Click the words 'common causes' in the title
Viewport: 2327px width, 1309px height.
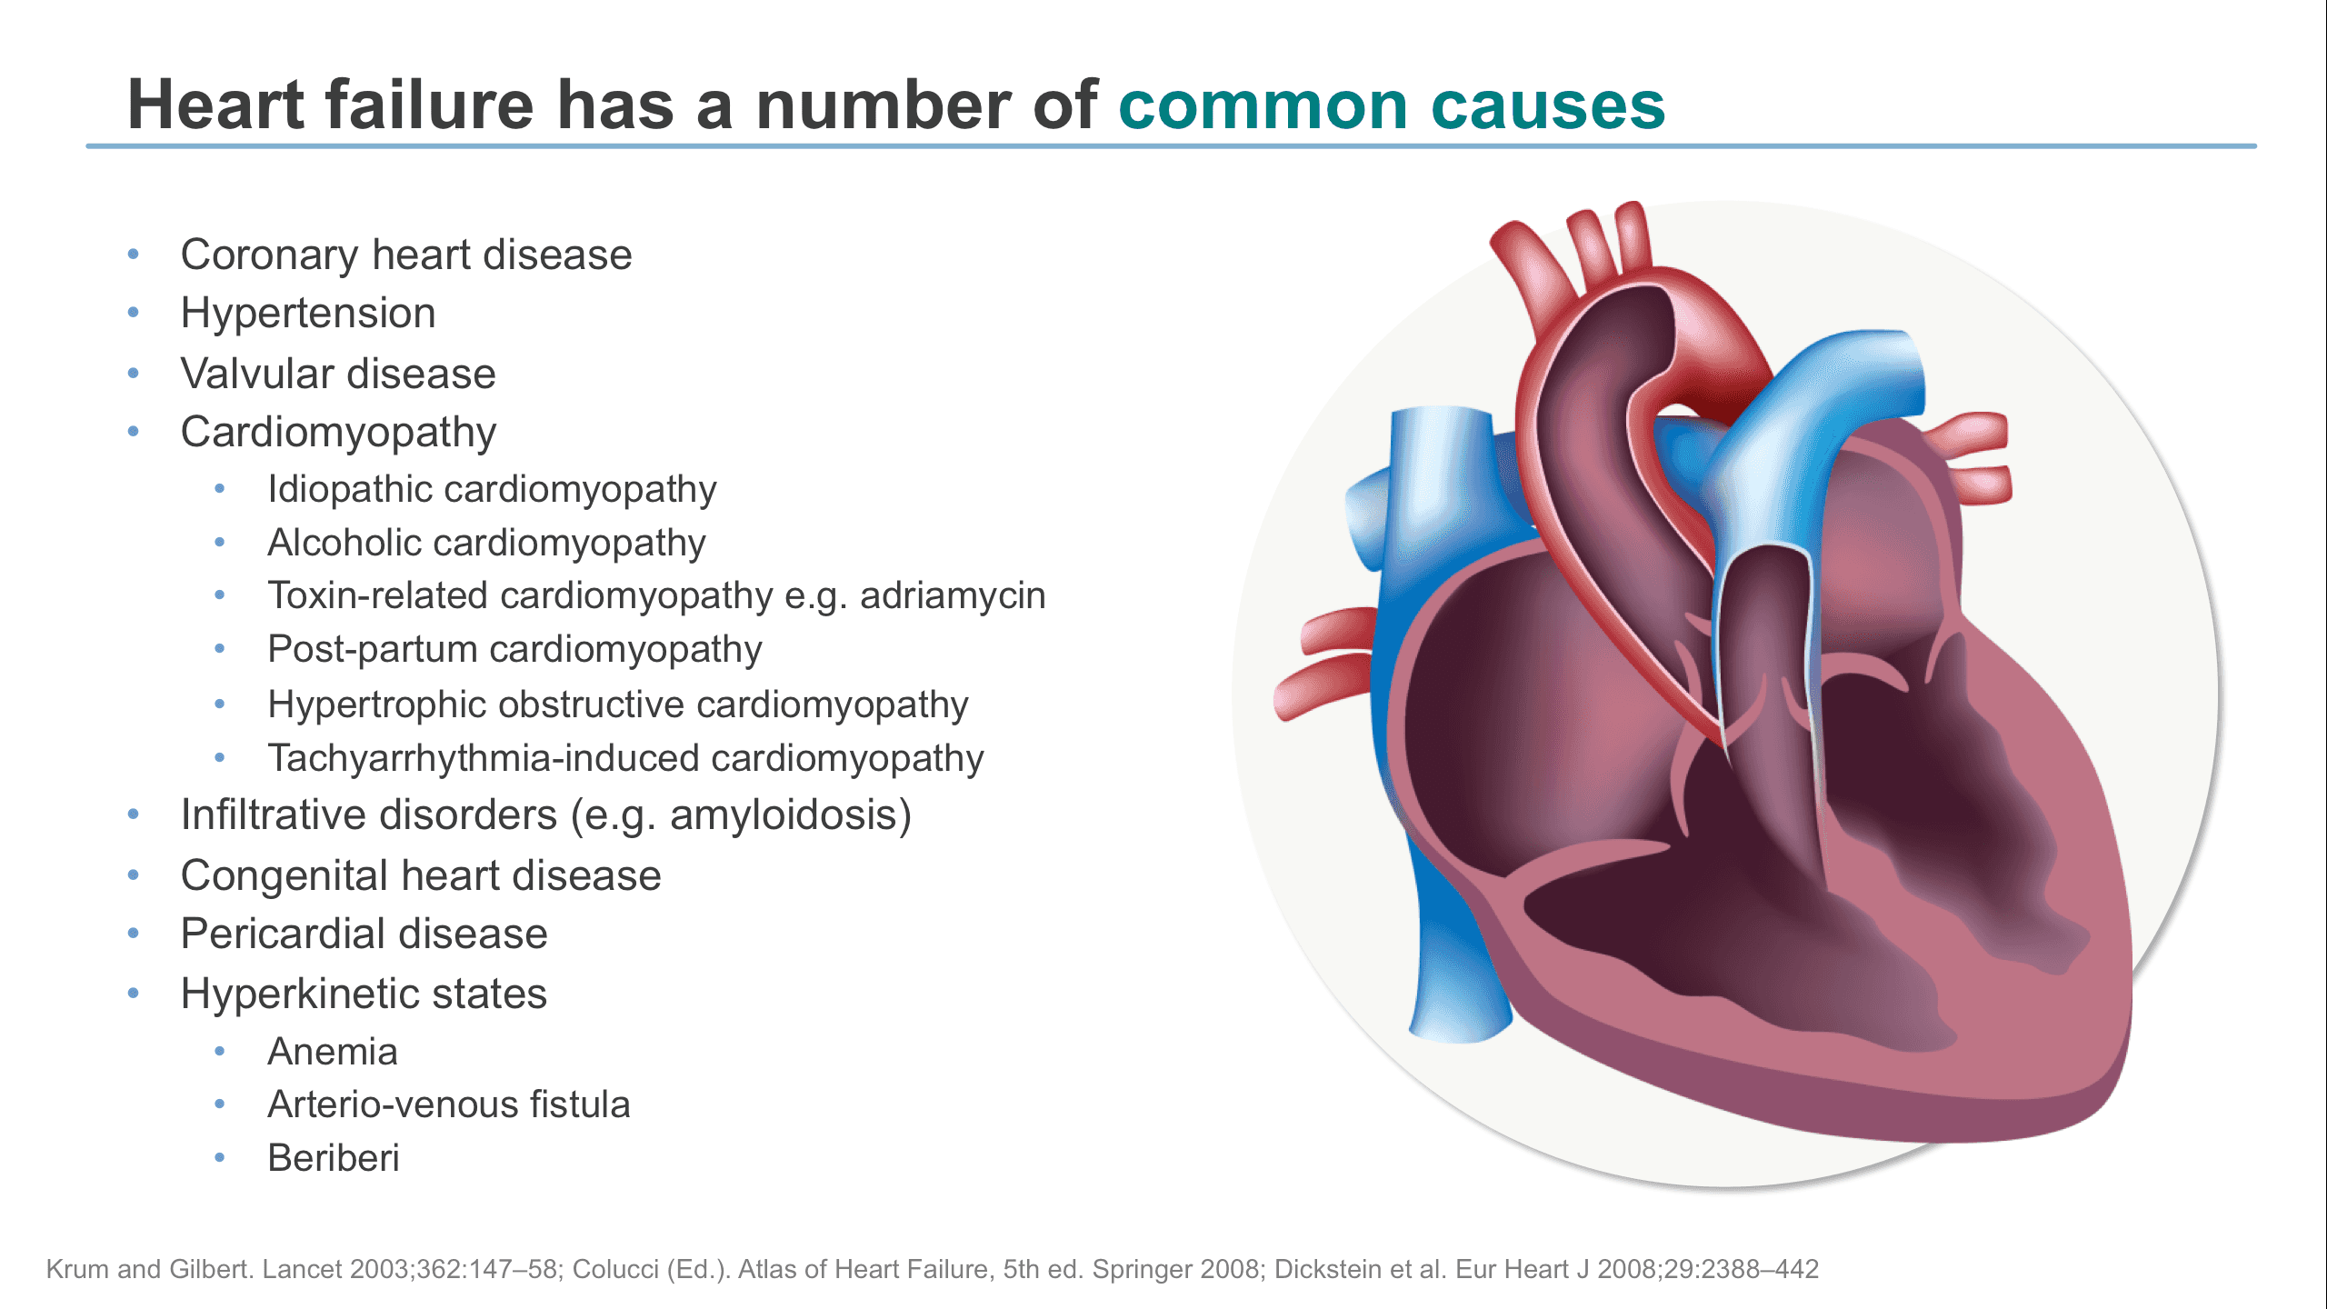(x=1392, y=105)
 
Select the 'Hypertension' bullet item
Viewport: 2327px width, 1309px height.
(x=308, y=315)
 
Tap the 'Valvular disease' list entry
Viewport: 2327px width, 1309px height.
(x=338, y=374)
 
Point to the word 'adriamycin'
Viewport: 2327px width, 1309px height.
(x=953, y=597)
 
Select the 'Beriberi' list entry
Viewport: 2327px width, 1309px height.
(x=334, y=1158)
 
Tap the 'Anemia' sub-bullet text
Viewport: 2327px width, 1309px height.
(x=333, y=1052)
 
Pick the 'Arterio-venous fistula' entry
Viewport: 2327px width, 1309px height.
(x=449, y=1104)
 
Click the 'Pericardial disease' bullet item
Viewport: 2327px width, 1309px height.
(x=365, y=934)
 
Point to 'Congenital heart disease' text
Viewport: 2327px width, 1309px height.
(x=421, y=876)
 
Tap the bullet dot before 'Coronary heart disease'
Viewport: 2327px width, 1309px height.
(x=134, y=255)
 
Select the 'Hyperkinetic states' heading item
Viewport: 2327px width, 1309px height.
(x=364, y=994)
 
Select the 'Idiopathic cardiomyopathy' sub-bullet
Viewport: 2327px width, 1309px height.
(x=492, y=490)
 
